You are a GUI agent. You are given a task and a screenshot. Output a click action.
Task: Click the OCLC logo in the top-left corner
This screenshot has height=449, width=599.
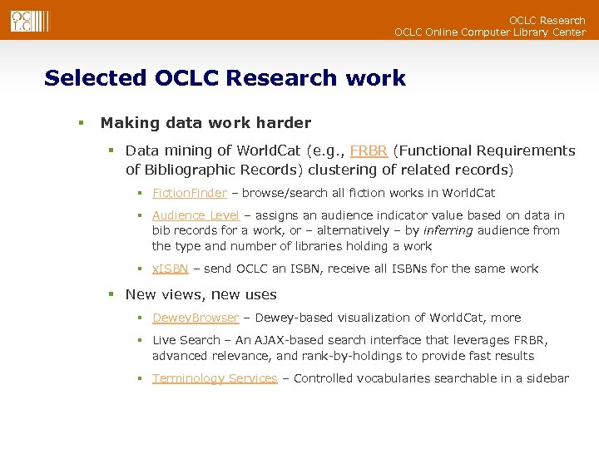pos(23,20)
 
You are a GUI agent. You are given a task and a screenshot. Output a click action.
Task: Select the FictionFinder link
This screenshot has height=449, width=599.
pos(190,193)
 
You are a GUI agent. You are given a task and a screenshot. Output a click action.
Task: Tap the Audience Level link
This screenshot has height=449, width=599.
pos(196,215)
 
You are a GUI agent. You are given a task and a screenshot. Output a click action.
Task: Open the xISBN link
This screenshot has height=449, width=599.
pos(171,269)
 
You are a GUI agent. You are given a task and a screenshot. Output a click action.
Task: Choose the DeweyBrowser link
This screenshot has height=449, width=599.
pos(196,318)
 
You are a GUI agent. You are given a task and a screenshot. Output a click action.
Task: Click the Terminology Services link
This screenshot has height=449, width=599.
pos(215,378)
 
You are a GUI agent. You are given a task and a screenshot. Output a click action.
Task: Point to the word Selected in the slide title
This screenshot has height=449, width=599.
pos(95,78)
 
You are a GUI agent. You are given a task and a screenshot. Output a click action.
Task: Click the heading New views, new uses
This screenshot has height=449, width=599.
pos(201,294)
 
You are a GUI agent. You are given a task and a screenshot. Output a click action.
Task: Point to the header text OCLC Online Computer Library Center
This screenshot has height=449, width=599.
pos(489,32)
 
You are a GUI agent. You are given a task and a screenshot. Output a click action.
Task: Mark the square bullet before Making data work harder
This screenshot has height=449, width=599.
pos(82,123)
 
